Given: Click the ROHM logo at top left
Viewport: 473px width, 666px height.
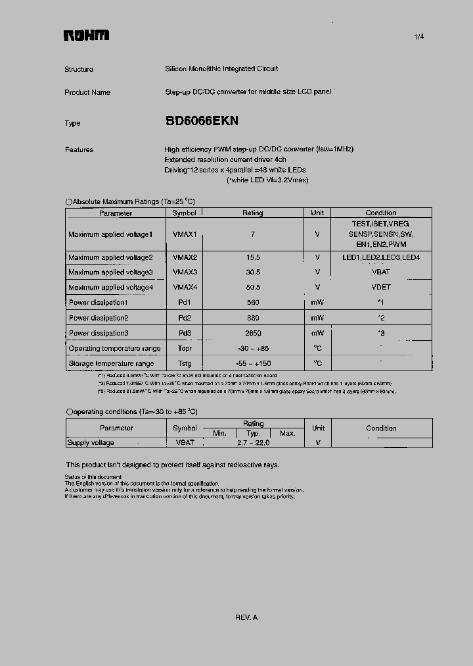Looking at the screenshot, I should pyautogui.click(x=86, y=36).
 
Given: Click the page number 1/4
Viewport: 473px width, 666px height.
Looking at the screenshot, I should pyautogui.click(x=419, y=37).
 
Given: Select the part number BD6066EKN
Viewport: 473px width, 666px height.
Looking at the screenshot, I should pyautogui.click(x=202, y=121).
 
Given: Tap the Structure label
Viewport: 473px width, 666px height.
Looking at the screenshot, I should pyautogui.click(x=79, y=69).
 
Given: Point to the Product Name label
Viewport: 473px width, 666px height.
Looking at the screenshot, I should pyautogui.click(x=87, y=92).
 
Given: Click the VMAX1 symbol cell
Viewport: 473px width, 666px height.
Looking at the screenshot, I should pyautogui.click(x=185, y=234).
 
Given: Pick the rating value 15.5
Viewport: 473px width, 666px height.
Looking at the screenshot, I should pyautogui.click(x=253, y=257).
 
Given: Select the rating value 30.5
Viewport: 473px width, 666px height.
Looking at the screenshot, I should pyautogui.click(x=253, y=272).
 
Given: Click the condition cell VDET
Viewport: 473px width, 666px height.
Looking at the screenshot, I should pyautogui.click(x=381, y=288).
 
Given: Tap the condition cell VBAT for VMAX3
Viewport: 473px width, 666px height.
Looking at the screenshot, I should pyautogui.click(x=381, y=272).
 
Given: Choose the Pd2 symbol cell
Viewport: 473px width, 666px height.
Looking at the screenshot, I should pyautogui.click(x=185, y=318).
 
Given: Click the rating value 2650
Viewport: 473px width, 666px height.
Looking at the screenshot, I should pyautogui.click(x=253, y=333).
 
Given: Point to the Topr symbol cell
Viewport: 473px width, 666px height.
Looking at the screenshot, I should pyautogui.click(x=185, y=348).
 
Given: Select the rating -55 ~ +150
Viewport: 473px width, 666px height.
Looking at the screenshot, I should pyautogui.click(x=253, y=363).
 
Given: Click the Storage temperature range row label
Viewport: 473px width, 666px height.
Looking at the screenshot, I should pyautogui.click(x=111, y=363).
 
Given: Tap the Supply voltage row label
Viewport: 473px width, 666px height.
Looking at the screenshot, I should pyautogui.click(x=91, y=443).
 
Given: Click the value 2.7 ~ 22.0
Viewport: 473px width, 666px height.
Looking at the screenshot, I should pyautogui.click(x=253, y=443).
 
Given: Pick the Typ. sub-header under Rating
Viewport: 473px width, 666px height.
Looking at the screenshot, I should pyautogui.click(x=253, y=434).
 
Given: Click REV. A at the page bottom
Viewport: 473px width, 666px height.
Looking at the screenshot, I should pyautogui.click(x=246, y=617).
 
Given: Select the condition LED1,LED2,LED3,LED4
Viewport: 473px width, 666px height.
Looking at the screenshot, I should pyautogui.click(x=381, y=257).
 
